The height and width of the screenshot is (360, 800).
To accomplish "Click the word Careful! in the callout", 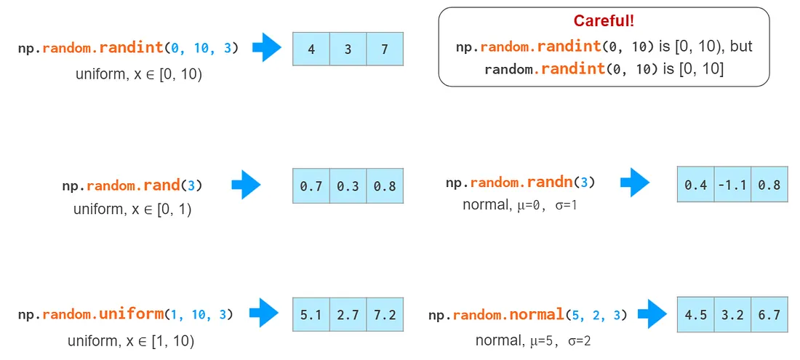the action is (x=604, y=21).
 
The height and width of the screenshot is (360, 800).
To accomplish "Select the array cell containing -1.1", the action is (x=732, y=185).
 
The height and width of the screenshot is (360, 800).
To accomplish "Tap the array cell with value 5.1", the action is (x=311, y=315).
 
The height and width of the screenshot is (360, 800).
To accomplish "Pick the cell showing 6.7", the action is (x=769, y=315).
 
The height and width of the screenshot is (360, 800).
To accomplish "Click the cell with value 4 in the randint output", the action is (x=311, y=49).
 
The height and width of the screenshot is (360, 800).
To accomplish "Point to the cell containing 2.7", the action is (x=348, y=315).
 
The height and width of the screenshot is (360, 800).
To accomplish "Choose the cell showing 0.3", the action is (x=348, y=185).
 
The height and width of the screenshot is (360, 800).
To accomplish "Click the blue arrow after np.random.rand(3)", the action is (x=246, y=185).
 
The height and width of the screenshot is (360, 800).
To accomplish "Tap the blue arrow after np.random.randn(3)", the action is (x=635, y=182).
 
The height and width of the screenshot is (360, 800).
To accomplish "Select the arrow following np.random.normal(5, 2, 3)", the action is (x=652, y=313).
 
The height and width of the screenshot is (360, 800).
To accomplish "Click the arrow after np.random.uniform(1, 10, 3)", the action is (x=264, y=313).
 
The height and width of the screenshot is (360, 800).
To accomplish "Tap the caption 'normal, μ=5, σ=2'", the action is (x=533, y=340).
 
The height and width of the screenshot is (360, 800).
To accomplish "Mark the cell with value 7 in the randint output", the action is (x=385, y=49).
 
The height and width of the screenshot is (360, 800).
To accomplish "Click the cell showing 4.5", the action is (x=696, y=315).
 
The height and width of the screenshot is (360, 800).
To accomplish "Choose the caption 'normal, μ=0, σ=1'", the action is (x=520, y=205).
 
